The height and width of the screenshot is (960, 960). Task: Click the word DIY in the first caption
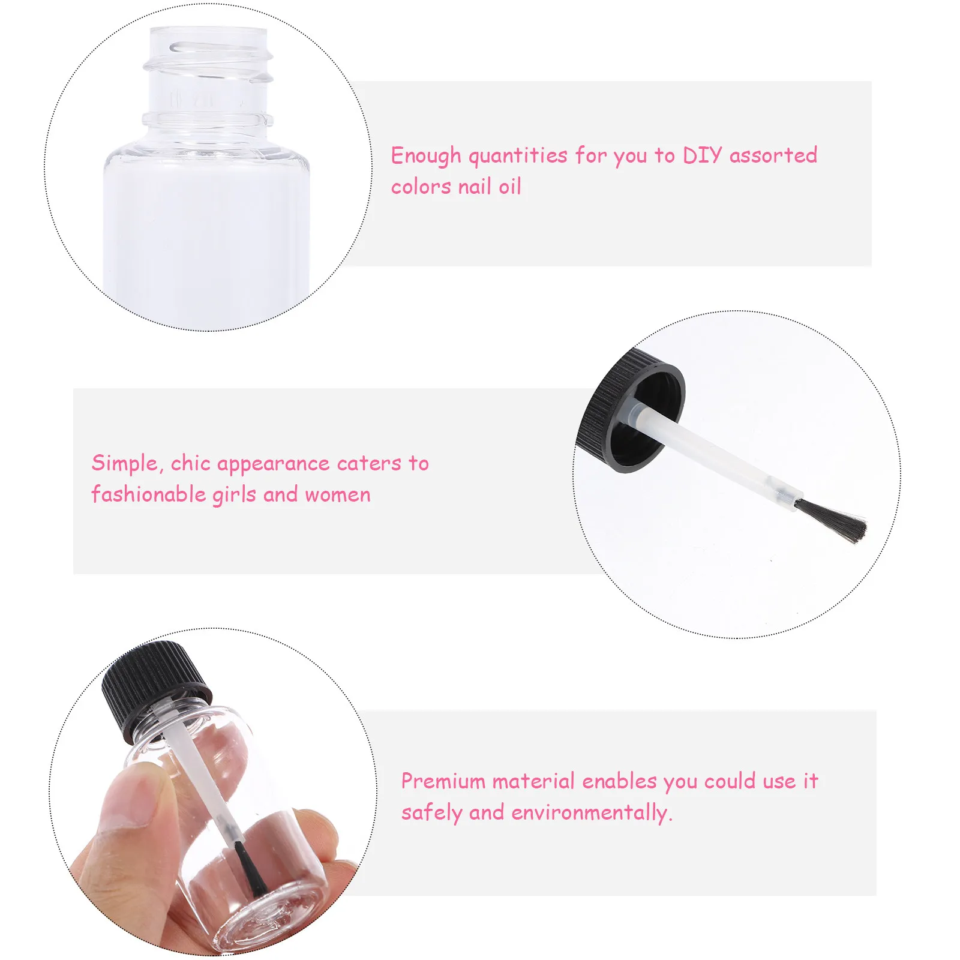[702, 156]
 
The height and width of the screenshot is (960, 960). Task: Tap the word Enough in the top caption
[426, 156]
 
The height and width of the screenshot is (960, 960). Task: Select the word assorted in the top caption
[773, 156]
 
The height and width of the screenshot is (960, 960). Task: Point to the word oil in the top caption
[510, 187]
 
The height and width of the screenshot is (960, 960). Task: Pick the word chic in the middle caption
[190, 463]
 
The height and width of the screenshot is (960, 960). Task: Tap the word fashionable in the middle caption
[149, 494]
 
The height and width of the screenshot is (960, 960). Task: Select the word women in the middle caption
[338, 495]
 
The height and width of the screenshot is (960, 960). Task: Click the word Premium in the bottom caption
[443, 781]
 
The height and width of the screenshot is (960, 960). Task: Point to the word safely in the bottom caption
[432, 813]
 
